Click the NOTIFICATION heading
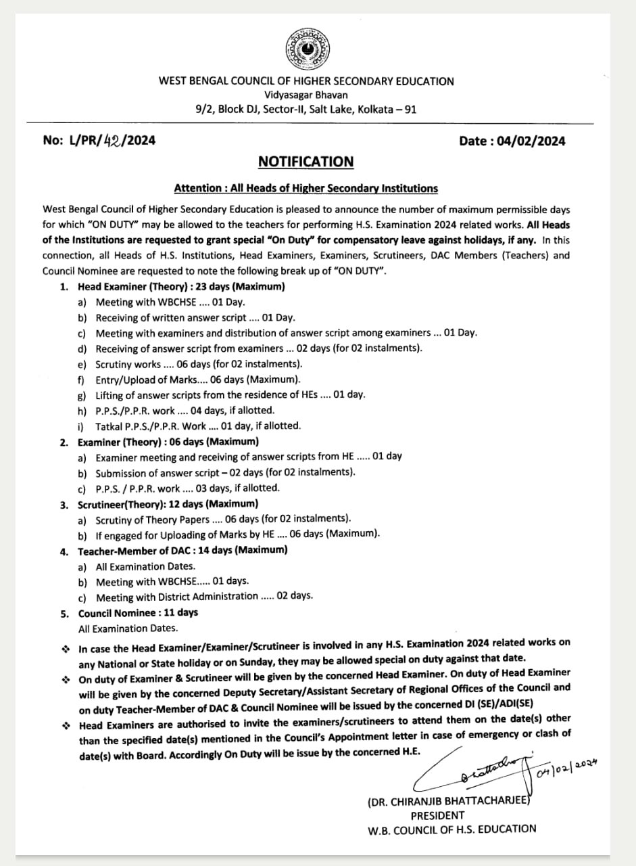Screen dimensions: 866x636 click(x=305, y=162)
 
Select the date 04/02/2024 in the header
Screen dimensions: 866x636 click(x=531, y=141)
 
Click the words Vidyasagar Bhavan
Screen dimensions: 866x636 click(x=306, y=95)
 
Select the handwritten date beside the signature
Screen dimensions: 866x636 click(x=567, y=766)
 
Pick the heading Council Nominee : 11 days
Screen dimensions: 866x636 click(x=138, y=612)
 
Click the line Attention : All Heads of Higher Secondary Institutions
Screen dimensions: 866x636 click(x=305, y=188)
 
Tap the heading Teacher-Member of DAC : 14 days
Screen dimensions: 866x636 click(x=182, y=550)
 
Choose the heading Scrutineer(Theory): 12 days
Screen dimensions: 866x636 click(x=168, y=504)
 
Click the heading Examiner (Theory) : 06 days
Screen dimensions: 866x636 click(x=168, y=441)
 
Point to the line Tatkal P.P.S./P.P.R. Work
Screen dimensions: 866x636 click(x=197, y=426)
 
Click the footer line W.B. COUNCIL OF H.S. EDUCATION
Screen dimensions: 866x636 click(x=451, y=829)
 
